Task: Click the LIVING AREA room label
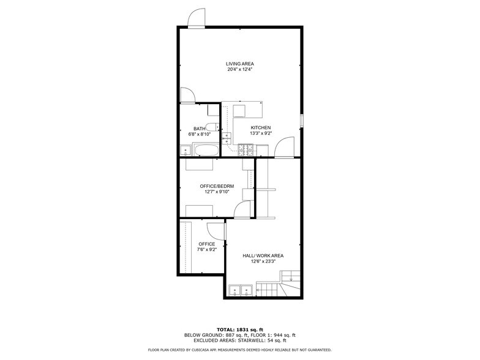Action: [x=239, y=64]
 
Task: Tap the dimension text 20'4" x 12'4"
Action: [x=239, y=70]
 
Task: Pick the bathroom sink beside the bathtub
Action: [x=186, y=150]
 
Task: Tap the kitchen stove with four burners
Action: [x=246, y=148]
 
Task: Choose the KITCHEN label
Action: [x=260, y=127]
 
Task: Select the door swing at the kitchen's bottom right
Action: [x=283, y=148]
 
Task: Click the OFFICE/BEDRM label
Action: [x=217, y=186]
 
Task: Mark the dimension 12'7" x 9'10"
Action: [x=217, y=192]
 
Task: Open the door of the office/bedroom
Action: [x=244, y=210]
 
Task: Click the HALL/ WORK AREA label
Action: [x=263, y=255]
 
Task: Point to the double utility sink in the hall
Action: [x=241, y=290]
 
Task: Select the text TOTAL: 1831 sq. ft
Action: [x=239, y=329]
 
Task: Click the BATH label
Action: [x=200, y=129]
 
